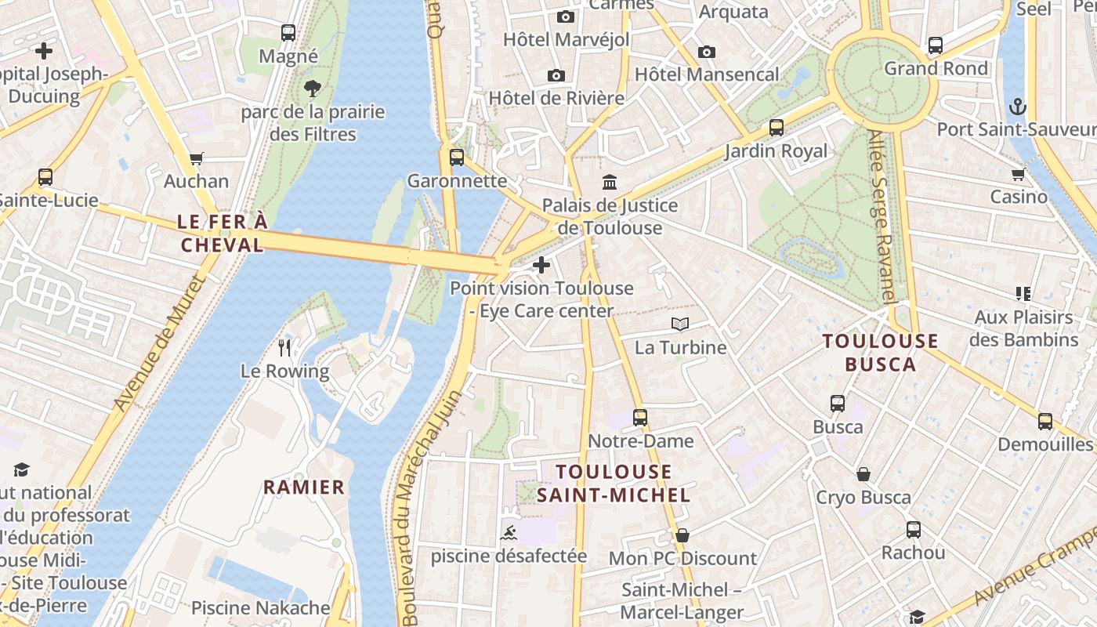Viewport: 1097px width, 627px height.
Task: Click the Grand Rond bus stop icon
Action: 935,45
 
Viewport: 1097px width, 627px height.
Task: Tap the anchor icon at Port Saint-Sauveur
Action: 1018,106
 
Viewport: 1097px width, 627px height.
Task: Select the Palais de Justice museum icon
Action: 609,183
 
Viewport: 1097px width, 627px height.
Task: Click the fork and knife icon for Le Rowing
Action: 284,347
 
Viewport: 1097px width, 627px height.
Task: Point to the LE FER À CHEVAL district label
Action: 223,234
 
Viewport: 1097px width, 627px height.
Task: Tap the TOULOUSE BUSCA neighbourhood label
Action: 880,353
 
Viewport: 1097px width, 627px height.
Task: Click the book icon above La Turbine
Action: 680,324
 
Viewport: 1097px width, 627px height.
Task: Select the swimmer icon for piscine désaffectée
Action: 509,534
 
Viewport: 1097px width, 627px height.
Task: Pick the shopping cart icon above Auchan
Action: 196,159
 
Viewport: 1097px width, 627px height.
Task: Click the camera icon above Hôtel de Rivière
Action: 556,75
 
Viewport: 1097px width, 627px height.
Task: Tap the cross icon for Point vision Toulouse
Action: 541,265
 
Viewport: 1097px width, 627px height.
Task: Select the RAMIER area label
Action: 303,487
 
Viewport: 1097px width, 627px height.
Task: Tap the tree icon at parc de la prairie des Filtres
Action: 313,89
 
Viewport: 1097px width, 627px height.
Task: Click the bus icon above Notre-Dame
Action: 640,418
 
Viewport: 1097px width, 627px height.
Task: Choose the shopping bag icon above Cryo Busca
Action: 863,474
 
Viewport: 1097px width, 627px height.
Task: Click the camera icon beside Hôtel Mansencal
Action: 706,52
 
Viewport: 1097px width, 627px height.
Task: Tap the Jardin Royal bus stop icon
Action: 776,128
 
